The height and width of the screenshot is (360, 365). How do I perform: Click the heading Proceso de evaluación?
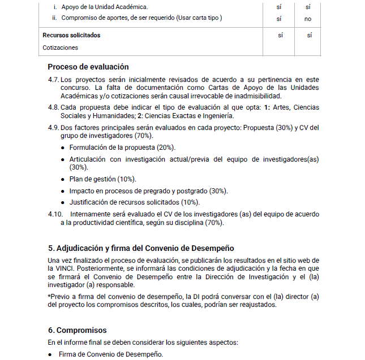[x=88, y=67]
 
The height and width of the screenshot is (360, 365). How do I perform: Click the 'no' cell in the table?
[x=308, y=18]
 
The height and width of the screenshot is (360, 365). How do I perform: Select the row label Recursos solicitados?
[x=71, y=35]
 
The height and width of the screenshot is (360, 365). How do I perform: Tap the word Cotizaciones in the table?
[x=60, y=47]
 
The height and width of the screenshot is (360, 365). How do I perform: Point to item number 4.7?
[x=54, y=80]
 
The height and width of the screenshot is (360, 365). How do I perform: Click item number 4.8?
[x=54, y=107]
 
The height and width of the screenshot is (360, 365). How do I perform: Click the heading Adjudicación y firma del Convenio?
[x=141, y=248]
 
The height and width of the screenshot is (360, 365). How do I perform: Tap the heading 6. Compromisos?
[x=77, y=330]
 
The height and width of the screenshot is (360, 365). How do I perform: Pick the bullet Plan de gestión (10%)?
[x=95, y=179]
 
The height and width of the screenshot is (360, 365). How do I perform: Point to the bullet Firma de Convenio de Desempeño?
[x=110, y=354]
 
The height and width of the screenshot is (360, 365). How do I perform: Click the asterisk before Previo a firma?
[x=49, y=296]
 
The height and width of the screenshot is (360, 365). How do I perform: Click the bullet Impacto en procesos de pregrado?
[x=148, y=190]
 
